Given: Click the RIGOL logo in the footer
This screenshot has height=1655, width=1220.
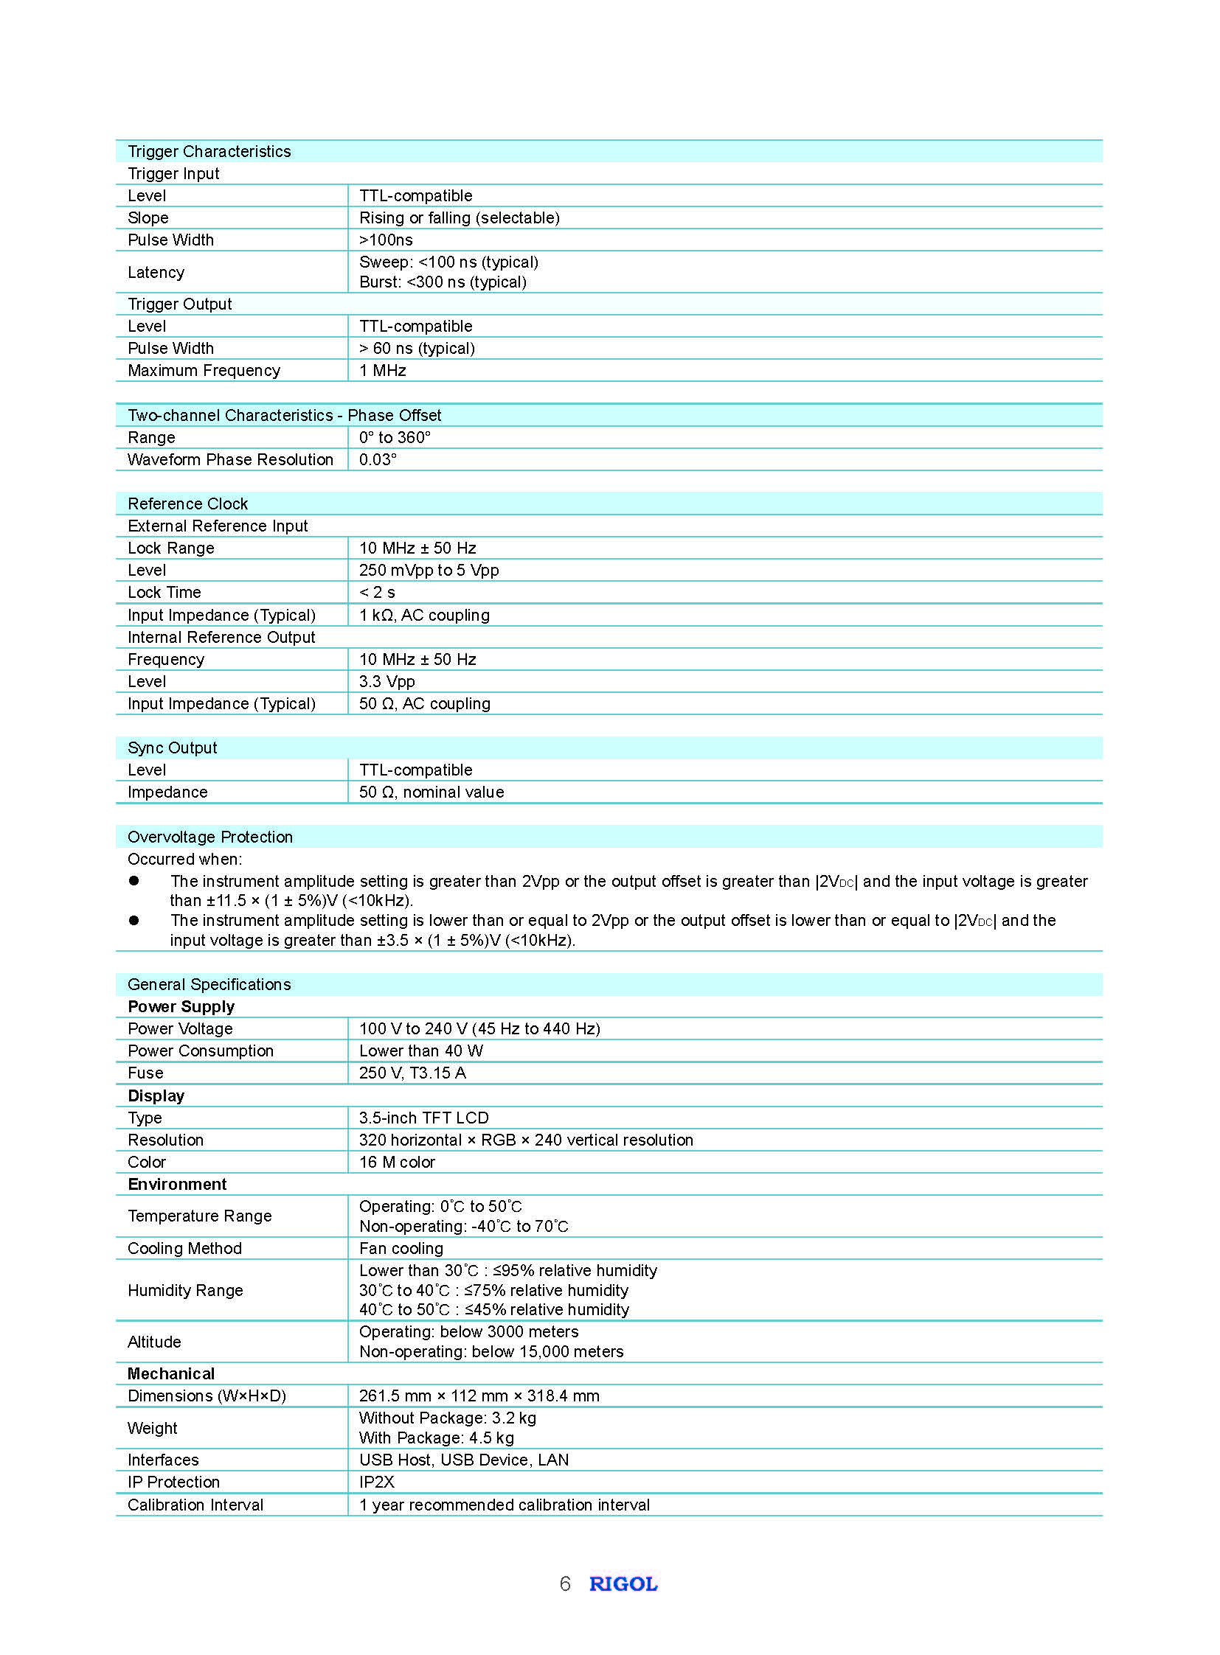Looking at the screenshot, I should pyautogui.click(x=623, y=1584).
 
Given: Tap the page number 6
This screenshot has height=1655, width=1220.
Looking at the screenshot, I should pyautogui.click(x=565, y=1584).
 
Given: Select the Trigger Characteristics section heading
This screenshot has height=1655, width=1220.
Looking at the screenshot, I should pyautogui.click(x=209, y=151).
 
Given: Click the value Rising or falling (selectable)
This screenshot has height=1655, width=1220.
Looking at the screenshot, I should pyautogui.click(x=459, y=217).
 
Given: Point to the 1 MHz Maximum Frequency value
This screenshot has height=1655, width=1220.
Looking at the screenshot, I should pyautogui.click(x=382, y=371).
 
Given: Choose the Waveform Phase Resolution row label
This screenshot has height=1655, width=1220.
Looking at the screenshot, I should pyautogui.click(x=229, y=460).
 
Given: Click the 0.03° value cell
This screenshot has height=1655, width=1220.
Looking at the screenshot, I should pyautogui.click(x=378, y=460).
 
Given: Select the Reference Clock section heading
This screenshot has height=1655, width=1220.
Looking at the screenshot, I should pyautogui.click(x=187, y=504).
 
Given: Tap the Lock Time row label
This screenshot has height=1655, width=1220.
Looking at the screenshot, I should pyautogui.click(x=164, y=593).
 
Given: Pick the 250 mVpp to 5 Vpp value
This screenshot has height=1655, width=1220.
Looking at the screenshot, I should pyautogui.click(x=429, y=571).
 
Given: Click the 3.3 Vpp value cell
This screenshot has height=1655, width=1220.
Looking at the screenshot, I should pyautogui.click(x=387, y=682).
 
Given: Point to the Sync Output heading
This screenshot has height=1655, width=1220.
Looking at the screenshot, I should pyautogui.click(x=172, y=748).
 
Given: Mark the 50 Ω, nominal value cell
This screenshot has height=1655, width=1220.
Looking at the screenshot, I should pyautogui.click(x=431, y=792).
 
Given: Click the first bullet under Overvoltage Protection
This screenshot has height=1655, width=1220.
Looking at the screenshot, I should pyautogui.click(x=134, y=881).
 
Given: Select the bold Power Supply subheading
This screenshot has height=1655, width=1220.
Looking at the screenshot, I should pyautogui.click(x=181, y=1008).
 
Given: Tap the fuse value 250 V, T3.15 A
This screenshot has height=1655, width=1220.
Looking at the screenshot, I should pyautogui.click(x=412, y=1073).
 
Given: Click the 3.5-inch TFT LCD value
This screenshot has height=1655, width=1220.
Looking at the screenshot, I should pyautogui.click(x=423, y=1118).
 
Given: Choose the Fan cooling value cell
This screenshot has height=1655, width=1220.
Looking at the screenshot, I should pyautogui.click(x=401, y=1249).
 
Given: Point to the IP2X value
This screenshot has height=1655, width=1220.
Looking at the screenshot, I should pyautogui.click(x=377, y=1482).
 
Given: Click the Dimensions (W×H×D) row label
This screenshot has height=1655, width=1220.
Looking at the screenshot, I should pyautogui.click(x=206, y=1396).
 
